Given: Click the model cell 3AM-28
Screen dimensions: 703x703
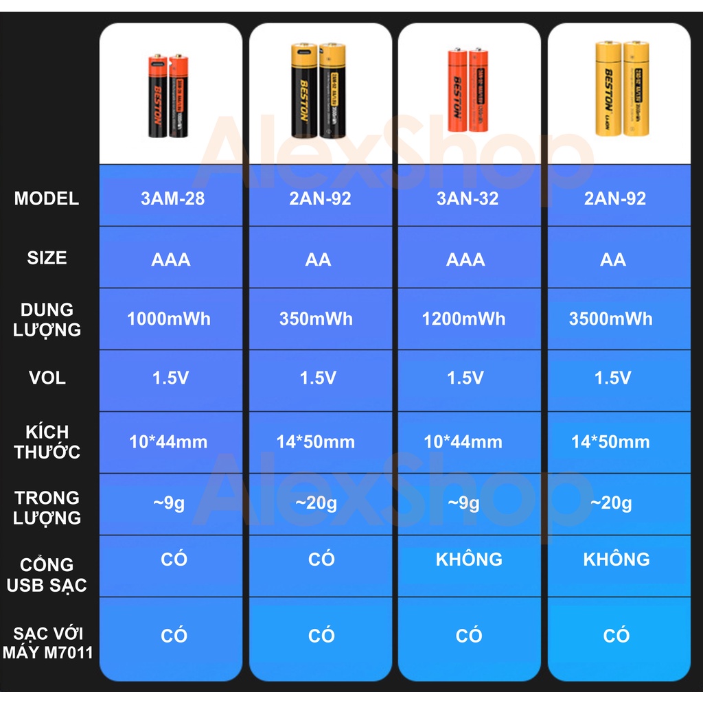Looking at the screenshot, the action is pos(172,199).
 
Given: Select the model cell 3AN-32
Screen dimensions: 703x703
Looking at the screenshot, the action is pos(468,199).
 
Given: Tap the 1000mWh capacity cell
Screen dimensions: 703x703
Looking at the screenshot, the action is pos(169,319).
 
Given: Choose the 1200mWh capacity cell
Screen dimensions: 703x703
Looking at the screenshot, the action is pos(463,319).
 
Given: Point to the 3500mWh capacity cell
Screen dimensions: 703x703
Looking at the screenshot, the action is pos(610,319).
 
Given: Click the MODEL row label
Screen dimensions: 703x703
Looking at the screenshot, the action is pos(47,199).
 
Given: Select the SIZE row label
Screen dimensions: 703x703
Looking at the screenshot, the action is pos(47,258).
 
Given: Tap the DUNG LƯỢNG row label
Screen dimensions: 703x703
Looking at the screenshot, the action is pos(47,320).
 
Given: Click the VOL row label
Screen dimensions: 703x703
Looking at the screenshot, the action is pos(47,378).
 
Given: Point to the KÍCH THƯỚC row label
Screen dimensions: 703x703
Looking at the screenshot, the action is pos(47,442).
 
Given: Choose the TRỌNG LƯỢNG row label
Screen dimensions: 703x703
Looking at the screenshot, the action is pos(47,508).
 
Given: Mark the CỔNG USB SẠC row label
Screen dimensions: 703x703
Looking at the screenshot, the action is pos(47,575).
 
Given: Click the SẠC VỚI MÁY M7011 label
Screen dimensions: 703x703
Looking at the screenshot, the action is pos(47,643).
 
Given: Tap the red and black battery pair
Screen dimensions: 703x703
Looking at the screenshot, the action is pos(168,95).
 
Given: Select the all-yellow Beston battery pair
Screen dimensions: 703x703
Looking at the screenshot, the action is pos(621,89).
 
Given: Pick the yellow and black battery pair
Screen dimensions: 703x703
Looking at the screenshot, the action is pos(318,91).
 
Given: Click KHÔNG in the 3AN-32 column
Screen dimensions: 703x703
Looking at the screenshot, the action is pos(469,560).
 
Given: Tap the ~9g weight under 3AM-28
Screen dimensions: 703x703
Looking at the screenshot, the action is pos(169,503).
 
